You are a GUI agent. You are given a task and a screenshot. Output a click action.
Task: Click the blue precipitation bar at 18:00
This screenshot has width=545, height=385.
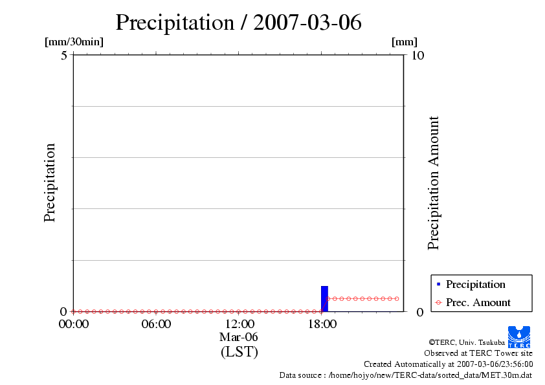[324, 298]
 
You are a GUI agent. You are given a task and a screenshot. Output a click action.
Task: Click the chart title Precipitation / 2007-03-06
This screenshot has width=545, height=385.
[238, 23]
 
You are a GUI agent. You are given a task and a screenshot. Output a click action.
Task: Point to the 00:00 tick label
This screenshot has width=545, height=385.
[74, 324]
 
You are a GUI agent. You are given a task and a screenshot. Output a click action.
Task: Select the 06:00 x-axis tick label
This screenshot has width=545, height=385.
[156, 324]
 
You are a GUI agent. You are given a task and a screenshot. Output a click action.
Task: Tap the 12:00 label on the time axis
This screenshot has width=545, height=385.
[239, 324]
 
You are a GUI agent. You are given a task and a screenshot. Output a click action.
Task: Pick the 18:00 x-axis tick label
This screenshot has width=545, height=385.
[322, 324]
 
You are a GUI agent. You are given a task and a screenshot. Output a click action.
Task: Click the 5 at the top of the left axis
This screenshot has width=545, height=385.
[64, 56]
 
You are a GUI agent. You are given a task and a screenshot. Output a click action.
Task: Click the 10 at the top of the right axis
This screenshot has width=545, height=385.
[417, 56]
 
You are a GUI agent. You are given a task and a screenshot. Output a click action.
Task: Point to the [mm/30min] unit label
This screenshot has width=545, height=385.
[74, 42]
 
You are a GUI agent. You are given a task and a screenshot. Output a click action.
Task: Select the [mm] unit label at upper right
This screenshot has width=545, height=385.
[405, 42]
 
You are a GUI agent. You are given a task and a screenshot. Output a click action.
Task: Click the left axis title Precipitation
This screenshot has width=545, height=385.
[50, 182]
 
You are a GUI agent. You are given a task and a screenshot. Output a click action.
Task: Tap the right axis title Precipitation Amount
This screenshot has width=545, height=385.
[434, 182]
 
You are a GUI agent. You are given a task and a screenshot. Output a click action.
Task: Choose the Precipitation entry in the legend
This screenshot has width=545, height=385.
[475, 285]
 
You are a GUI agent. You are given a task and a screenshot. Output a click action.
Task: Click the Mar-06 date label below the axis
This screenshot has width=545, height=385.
[239, 338]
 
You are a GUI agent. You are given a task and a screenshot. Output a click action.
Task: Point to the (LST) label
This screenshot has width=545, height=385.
[239, 353]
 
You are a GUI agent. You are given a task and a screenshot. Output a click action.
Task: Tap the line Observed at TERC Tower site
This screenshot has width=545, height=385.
[478, 353]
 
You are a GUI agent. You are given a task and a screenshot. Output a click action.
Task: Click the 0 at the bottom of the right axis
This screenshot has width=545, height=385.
[420, 312]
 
